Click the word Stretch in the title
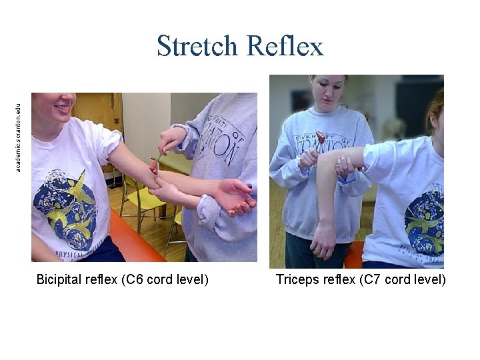(197, 47)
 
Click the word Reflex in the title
(285, 47)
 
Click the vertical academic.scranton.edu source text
(19, 136)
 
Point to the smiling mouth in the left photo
(63, 107)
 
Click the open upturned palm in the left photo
(233, 194)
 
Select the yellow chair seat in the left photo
(143, 199)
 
